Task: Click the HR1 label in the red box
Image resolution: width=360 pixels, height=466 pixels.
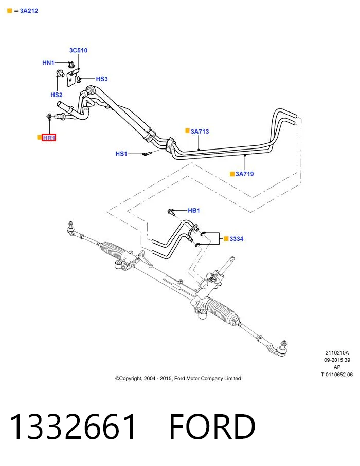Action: click(x=49, y=138)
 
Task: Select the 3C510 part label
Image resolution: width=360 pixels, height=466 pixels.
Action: click(x=79, y=50)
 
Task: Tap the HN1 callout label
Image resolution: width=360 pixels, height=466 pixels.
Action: click(x=48, y=63)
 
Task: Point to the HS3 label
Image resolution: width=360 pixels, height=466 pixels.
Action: click(x=102, y=79)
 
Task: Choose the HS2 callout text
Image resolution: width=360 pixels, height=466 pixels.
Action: click(x=57, y=95)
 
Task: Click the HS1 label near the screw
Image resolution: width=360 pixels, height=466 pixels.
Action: click(x=121, y=154)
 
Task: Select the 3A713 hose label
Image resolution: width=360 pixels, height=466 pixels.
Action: click(x=200, y=132)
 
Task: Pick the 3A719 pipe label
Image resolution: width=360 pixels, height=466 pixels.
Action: click(x=245, y=174)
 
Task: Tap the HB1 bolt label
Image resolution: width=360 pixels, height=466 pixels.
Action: click(x=194, y=211)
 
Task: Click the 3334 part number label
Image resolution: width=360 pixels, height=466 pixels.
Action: click(x=237, y=239)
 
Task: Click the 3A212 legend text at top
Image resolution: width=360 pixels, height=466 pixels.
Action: click(x=29, y=11)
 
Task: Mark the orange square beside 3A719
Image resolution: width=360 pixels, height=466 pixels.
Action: click(x=232, y=174)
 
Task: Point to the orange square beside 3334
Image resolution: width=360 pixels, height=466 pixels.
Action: click(x=226, y=238)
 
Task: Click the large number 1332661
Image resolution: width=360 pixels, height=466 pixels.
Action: click(x=73, y=426)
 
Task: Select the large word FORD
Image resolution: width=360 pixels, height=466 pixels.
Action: click(x=212, y=426)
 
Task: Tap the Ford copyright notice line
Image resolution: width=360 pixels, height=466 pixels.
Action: click(x=178, y=378)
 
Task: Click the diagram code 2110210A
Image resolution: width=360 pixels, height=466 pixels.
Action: click(x=337, y=353)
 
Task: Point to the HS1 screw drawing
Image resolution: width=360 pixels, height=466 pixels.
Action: click(x=147, y=153)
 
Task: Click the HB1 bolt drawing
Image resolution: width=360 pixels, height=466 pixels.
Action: click(x=171, y=212)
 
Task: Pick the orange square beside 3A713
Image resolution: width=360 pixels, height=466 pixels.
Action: click(x=187, y=131)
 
